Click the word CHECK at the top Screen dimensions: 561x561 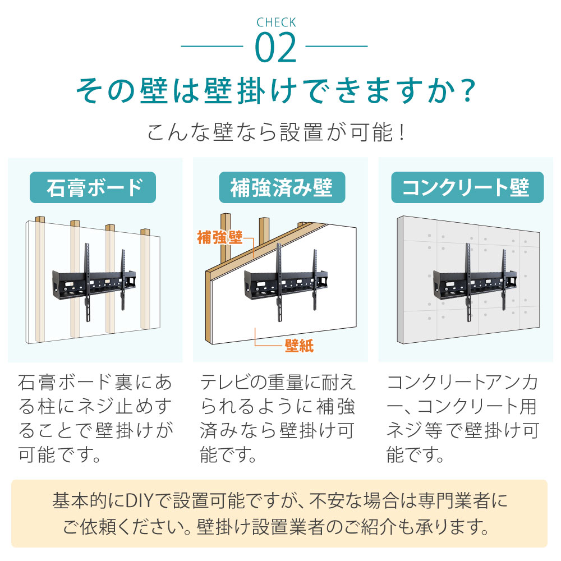(275, 23)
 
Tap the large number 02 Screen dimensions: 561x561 (275, 48)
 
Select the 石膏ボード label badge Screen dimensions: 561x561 (93, 187)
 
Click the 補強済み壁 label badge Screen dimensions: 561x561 (280, 187)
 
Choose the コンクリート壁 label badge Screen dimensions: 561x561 (467, 187)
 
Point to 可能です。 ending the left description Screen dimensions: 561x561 (60, 453)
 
